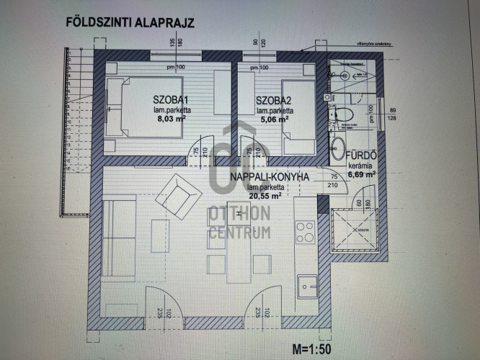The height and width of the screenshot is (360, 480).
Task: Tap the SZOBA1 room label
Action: pos(171,100)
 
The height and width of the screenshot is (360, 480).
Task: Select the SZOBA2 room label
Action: pos(275,100)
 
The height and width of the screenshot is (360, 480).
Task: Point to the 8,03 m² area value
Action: pos(171,120)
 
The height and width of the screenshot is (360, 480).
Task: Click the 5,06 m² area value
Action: pos(274,120)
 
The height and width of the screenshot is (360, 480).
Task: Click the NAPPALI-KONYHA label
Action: pos(270,177)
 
